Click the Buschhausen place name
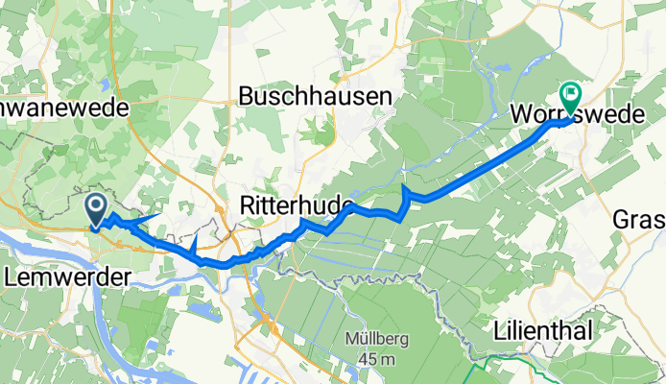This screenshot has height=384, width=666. [315, 96]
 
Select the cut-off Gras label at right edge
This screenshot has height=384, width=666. [639, 221]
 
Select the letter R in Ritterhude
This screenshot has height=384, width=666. [246, 204]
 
